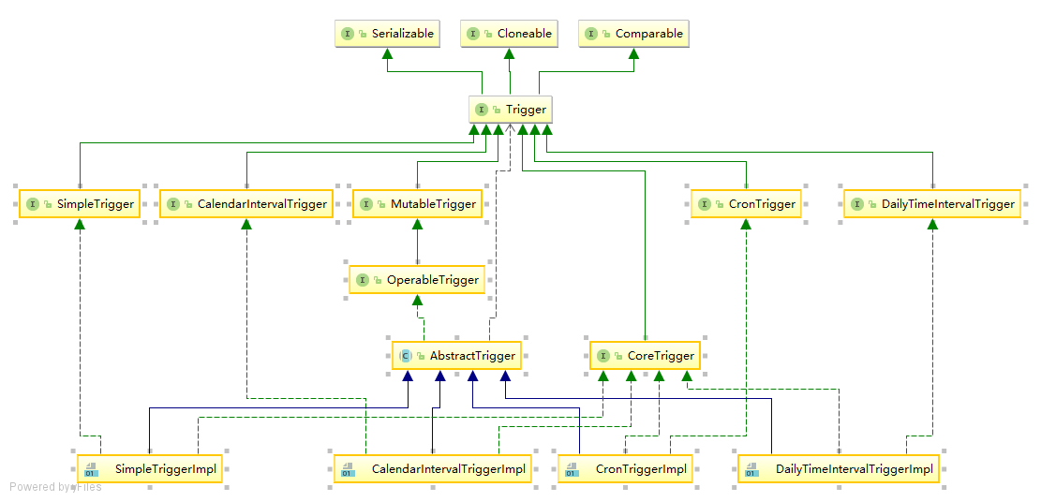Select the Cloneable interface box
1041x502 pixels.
pyautogui.click(x=511, y=34)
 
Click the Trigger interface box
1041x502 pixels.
pyautogui.click(x=511, y=110)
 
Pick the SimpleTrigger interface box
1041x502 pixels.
pyautogui.click(x=80, y=204)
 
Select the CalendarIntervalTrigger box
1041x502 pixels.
pyautogui.click(x=246, y=204)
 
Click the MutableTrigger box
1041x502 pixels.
pyautogui.click(x=417, y=204)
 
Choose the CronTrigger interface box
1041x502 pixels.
pyautogui.click(x=746, y=204)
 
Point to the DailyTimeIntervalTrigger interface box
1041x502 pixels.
pyautogui.click(x=933, y=204)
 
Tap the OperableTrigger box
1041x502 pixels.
pyautogui.click(x=417, y=280)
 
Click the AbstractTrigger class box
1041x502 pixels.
pyautogui.click(x=456, y=356)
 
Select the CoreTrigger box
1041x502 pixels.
pyautogui.click(x=645, y=356)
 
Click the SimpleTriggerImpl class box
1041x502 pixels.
pyautogui.click(x=150, y=468)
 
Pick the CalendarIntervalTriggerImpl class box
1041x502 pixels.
pyautogui.click(x=432, y=468)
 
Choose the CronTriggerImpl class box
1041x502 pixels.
pyautogui.click(x=625, y=468)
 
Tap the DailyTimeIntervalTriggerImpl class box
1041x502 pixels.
pyautogui.click(x=840, y=468)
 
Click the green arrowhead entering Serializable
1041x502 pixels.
pyautogui.click(x=386, y=54)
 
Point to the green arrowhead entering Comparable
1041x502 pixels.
pyautogui.click(x=633, y=54)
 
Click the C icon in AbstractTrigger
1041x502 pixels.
pyautogui.click(x=406, y=356)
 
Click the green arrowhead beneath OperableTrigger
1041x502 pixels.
pyautogui.click(x=417, y=301)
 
